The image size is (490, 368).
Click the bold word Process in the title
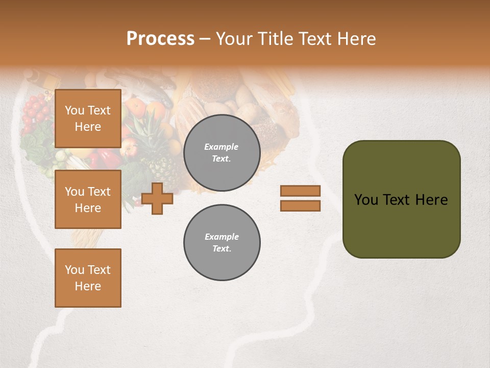click(x=160, y=38)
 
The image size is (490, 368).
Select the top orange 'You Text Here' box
click(x=88, y=119)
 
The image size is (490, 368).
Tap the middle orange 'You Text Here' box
click(x=88, y=199)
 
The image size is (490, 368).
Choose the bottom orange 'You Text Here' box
click(x=88, y=278)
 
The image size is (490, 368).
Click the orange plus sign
click(x=157, y=198)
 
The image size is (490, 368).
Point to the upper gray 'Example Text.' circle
click(x=222, y=153)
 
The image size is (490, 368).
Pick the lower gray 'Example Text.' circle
click(x=222, y=243)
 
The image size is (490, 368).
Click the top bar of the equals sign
click(x=300, y=191)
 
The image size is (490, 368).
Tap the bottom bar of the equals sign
click(x=300, y=206)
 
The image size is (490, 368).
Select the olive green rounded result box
click(x=401, y=199)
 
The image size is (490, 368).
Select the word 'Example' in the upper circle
click(x=222, y=147)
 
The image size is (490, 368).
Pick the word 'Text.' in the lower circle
click(x=222, y=249)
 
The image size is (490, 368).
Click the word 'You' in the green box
click(x=366, y=200)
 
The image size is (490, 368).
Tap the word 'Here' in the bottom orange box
click(x=88, y=286)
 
